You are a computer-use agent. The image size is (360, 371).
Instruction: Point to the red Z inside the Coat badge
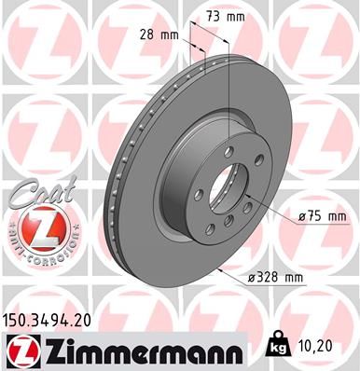coord(33,227)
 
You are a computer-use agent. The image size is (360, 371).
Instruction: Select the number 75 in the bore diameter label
coord(314,217)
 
